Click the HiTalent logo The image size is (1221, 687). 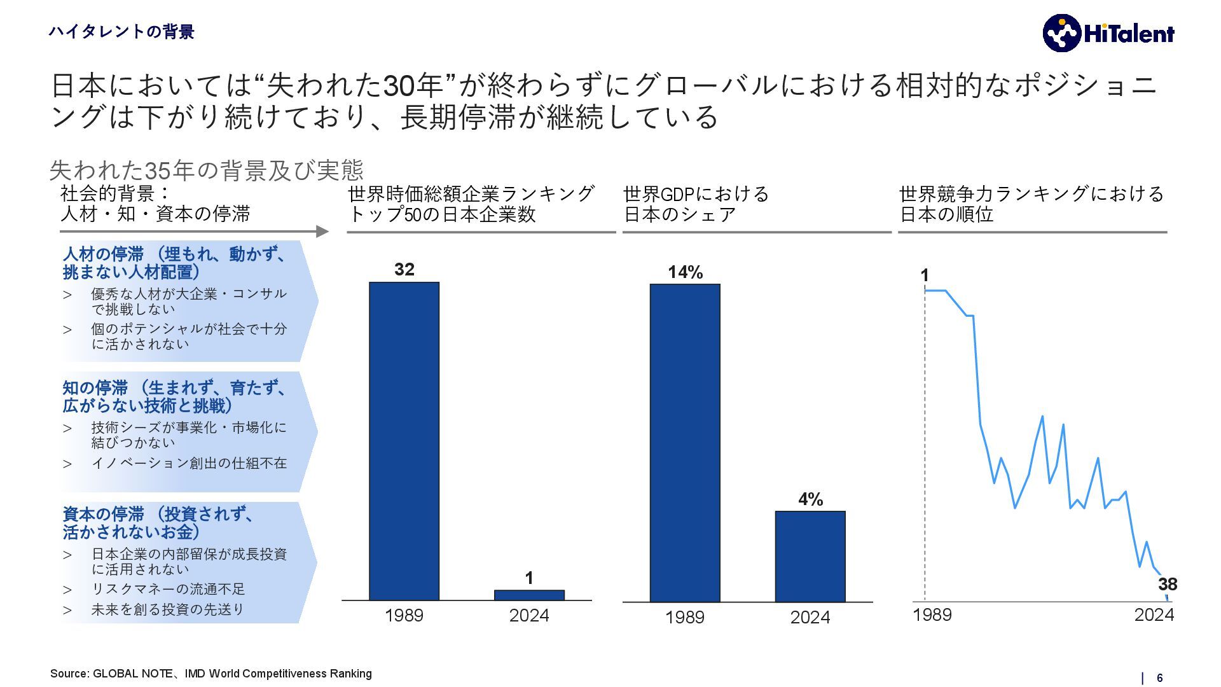pos(1108,33)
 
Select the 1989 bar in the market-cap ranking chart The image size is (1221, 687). pos(404,440)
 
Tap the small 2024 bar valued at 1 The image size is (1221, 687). pos(529,595)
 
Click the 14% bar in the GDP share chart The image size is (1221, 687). pos(685,442)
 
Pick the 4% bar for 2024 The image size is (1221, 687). pos(810,556)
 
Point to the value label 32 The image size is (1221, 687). pos(404,270)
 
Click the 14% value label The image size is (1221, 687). pos(685,272)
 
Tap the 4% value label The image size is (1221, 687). pos(811,499)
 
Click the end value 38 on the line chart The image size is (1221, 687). pos(1167,584)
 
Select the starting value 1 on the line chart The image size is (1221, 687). pos(925,275)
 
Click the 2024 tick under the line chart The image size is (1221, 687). pos(1154,614)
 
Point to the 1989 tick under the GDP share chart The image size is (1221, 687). pos(684,617)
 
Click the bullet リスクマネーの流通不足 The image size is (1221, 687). pos(169,589)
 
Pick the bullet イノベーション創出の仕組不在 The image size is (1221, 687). pos(189,463)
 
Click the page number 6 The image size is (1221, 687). pos(1159,678)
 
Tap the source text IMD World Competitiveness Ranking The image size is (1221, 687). pos(278,674)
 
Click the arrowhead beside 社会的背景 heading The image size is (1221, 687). pos(322,232)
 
